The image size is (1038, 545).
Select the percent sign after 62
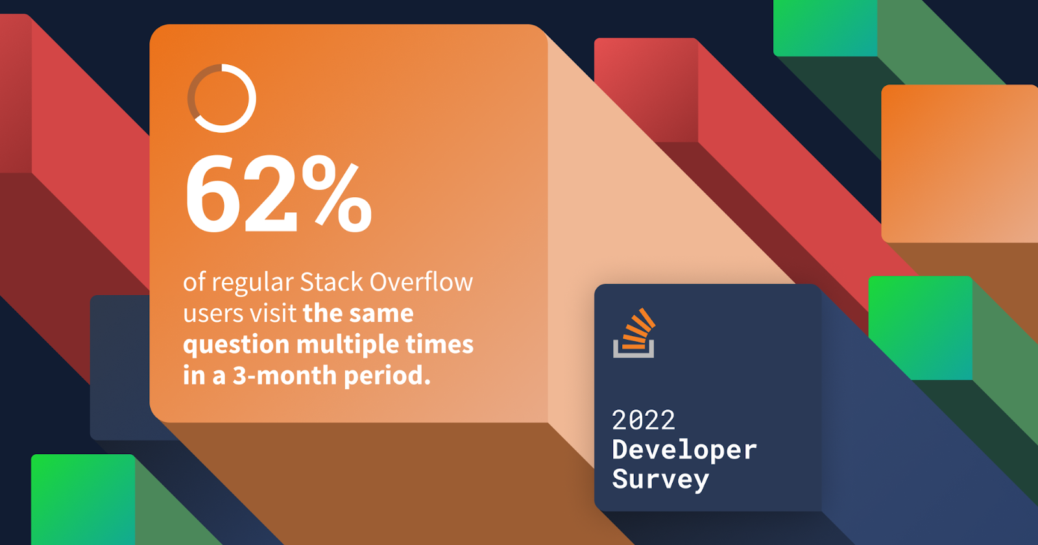click(x=337, y=194)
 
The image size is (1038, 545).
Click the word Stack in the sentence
click(x=332, y=282)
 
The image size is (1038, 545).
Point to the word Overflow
click(x=421, y=282)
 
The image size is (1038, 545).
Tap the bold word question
click(x=236, y=346)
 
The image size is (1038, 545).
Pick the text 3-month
click(x=285, y=376)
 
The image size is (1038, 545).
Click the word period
click(x=387, y=377)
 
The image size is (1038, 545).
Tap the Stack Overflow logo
click(x=634, y=333)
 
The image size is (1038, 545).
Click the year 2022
click(x=643, y=420)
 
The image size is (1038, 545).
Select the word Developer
click(x=684, y=450)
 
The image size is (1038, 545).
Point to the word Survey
click(x=660, y=479)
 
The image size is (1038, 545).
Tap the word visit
click(x=273, y=313)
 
